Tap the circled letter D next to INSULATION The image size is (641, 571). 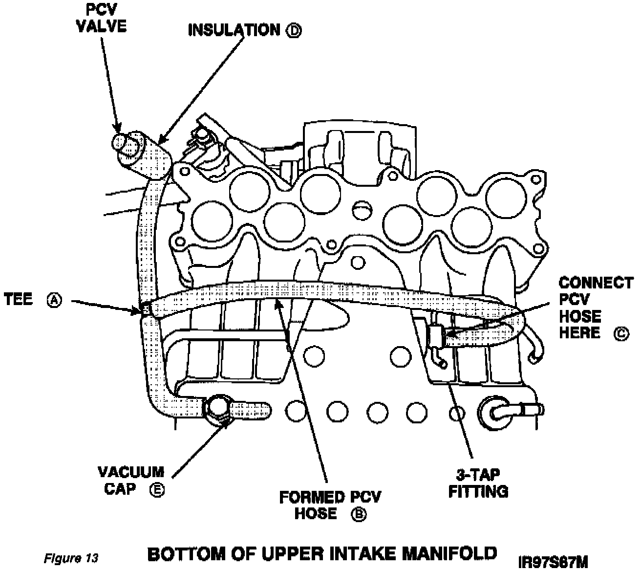294,31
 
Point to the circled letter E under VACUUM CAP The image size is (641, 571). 157,489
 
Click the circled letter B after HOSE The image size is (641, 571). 359,515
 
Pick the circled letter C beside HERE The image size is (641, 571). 621,334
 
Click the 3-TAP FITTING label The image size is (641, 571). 478,483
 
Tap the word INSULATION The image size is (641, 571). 234,30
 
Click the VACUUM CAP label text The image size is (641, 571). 131,480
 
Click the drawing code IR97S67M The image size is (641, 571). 554,561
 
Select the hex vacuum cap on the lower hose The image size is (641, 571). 218,410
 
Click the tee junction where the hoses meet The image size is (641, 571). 145,309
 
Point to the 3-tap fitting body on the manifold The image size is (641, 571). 436,336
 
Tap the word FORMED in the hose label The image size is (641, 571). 312,497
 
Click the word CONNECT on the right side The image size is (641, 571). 596,283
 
